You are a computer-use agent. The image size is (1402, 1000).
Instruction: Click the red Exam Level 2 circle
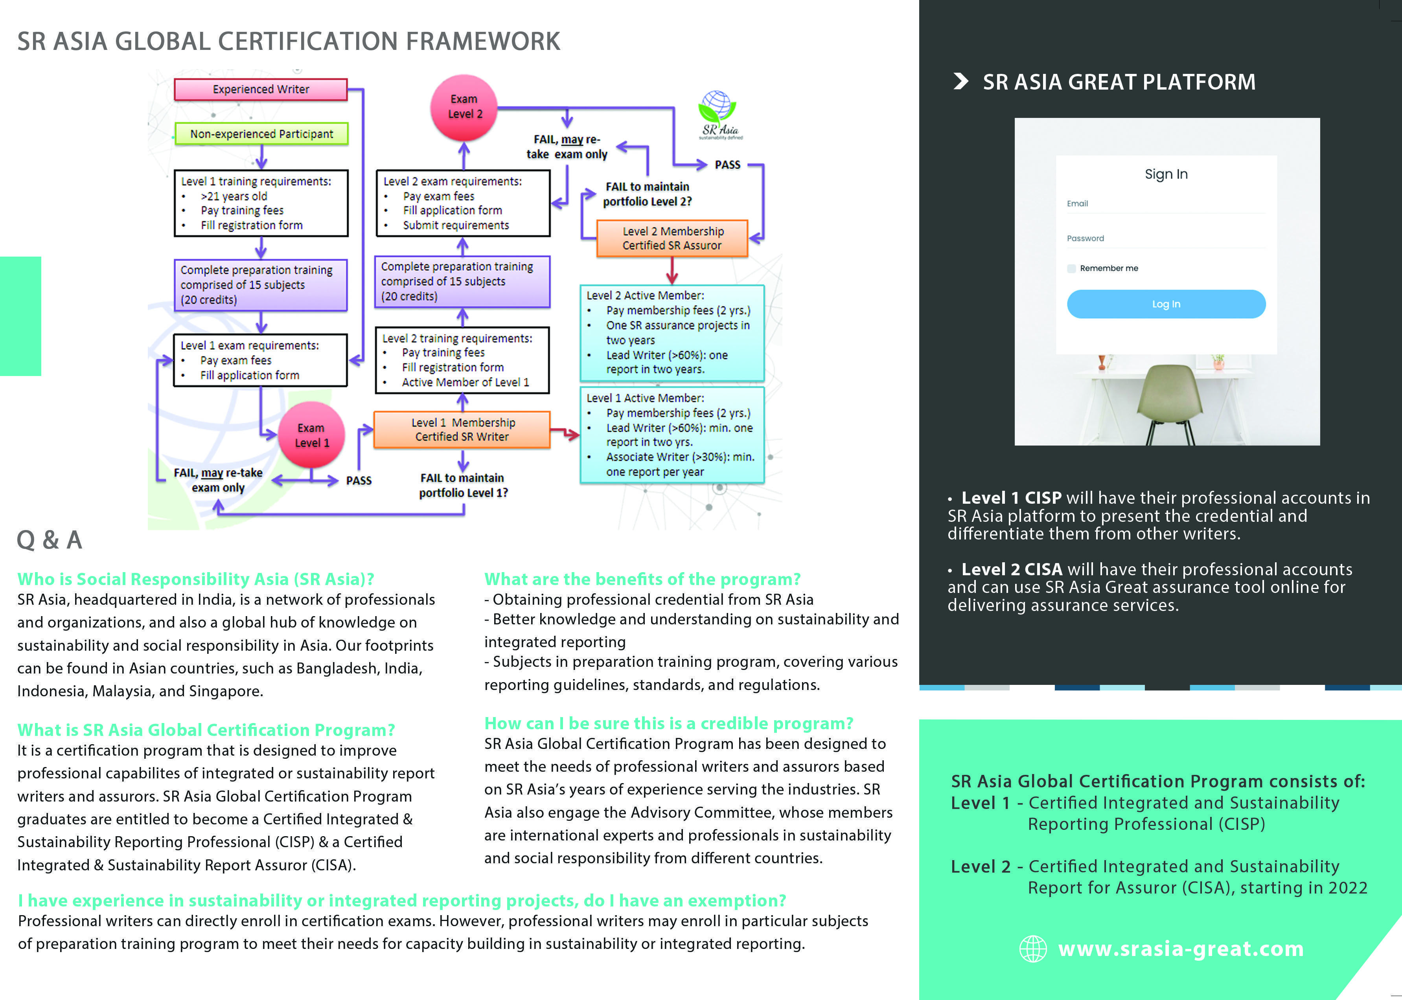pos(464,107)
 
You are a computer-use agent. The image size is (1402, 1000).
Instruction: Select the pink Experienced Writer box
pos(261,89)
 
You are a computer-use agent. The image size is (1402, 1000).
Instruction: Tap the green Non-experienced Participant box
pos(261,134)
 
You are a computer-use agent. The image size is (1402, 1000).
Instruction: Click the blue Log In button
pos(1166,304)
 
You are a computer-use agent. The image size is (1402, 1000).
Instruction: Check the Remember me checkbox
pos(1072,268)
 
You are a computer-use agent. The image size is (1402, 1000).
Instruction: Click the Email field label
pos(1077,203)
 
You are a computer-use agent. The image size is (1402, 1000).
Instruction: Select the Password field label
pos(1086,238)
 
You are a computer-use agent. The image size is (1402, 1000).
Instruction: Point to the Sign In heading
pos(1166,174)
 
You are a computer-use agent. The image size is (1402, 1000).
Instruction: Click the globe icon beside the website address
pos(1033,949)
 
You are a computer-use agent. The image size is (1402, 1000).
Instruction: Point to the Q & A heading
pos(49,540)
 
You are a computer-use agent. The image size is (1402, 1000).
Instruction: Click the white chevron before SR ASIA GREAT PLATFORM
pos(960,81)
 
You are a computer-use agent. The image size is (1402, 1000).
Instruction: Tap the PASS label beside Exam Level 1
pos(359,480)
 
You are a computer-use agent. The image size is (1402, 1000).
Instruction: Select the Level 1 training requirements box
pos(261,203)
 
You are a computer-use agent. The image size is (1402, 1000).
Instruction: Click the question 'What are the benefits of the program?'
pos(642,580)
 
